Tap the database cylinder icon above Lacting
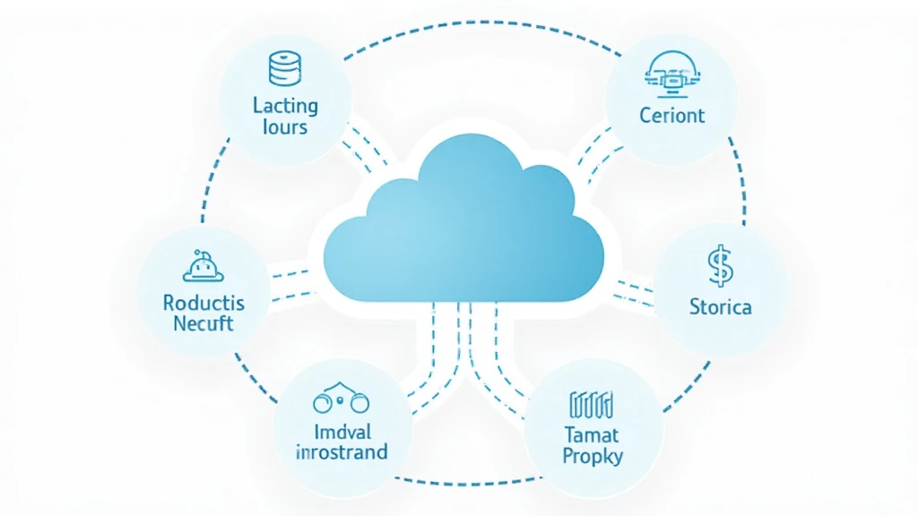[285, 68]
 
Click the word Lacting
[285, 106]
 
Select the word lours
[285, 127]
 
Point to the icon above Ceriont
[672, 74]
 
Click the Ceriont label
[671, 116]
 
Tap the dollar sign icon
[720, 266]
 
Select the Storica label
[720, 306]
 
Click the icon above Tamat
[592, 405]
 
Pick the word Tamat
[592, 434]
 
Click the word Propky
[592, 456]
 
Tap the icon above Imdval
[341, 398]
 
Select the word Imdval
[342, 433]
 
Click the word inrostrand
[342, 452]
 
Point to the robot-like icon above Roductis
[204, 266]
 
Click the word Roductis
[204, 303]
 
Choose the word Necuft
[204, 323]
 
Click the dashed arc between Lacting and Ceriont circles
[482, 22]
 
